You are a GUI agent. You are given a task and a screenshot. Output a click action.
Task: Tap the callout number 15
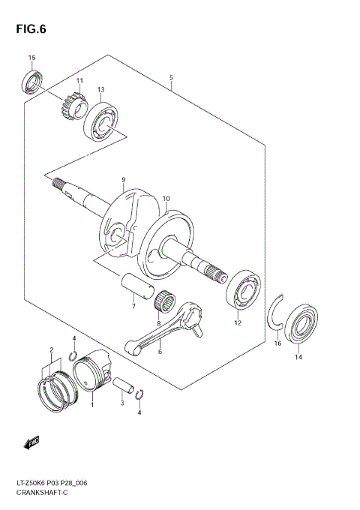pos(31,58)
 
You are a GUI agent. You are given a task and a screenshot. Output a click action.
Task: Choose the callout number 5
pos(171,78)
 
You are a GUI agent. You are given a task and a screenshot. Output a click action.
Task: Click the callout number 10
pos(166,199)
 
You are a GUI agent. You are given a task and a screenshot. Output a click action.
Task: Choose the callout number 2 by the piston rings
pos(50,349)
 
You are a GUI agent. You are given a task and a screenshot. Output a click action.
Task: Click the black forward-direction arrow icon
pos(32,444)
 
